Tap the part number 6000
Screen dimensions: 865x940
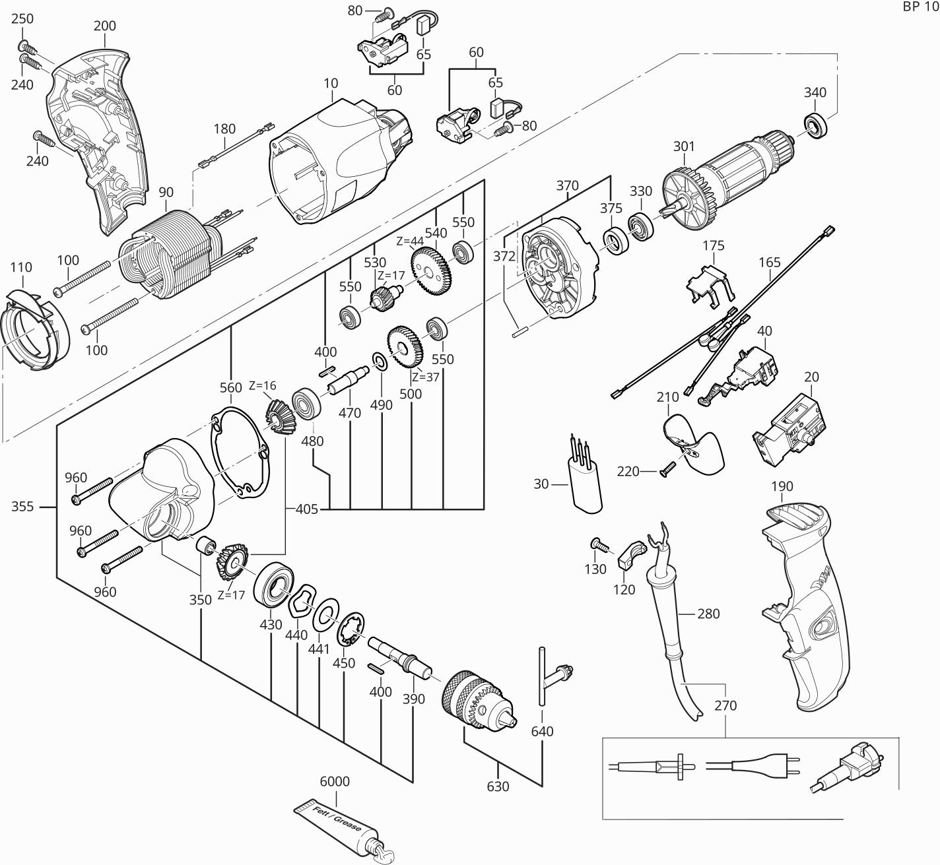coord(335,782)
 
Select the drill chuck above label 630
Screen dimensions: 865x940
coord(479,701)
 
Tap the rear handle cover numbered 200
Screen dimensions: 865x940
coord(96,132)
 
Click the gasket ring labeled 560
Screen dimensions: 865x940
coord(241,455)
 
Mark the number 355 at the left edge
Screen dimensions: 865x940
coord(22,507)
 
